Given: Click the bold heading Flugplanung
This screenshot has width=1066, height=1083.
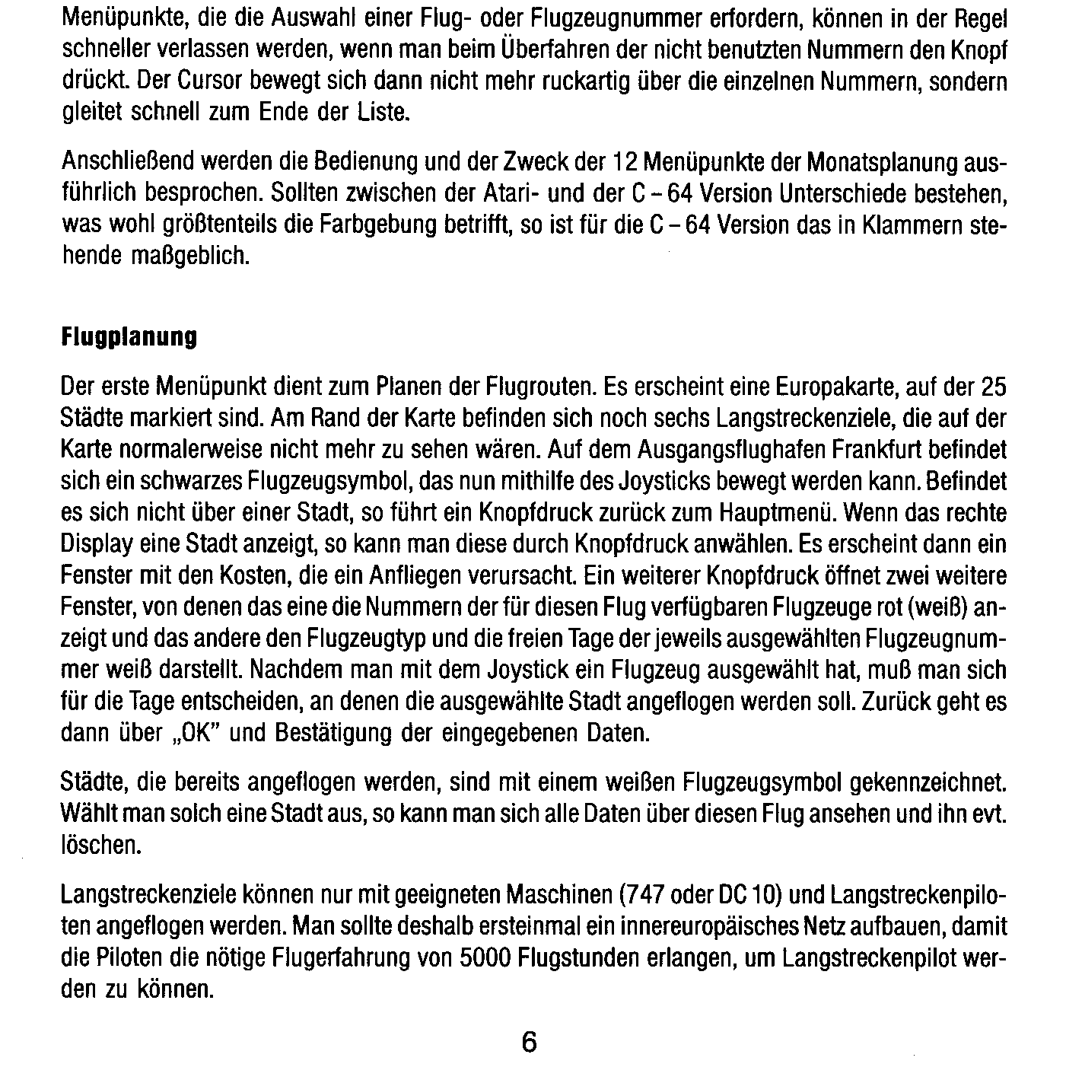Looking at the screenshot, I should click(129, 337).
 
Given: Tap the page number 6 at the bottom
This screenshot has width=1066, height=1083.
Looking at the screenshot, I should click(530, 1042).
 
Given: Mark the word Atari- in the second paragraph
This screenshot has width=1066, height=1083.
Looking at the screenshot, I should click(512, 194).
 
